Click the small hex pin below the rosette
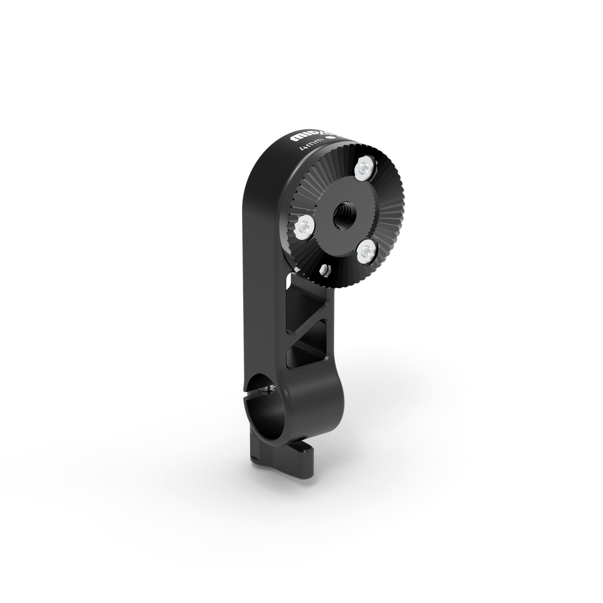(325, 268)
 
